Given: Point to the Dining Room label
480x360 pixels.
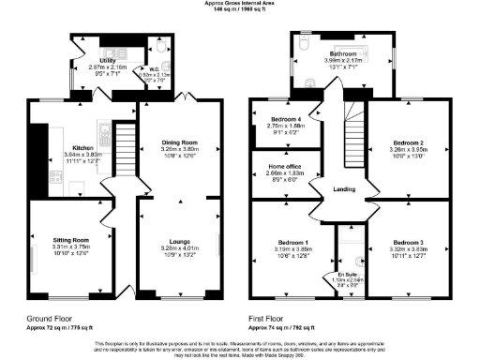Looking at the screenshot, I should point(179,142).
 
